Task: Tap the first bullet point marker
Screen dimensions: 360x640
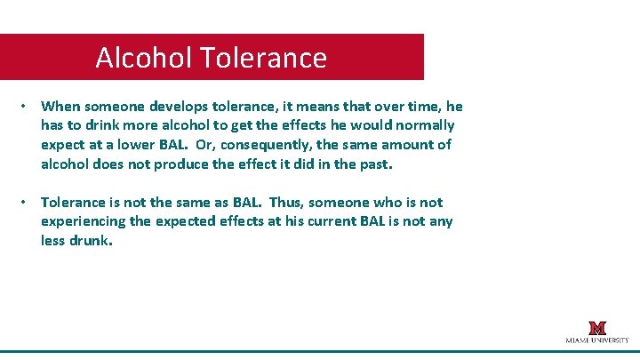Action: (27, 106)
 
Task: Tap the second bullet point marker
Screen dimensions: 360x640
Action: (27, 203)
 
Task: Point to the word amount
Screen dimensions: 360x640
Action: (408, 145)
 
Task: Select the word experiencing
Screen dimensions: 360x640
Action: (83, 221)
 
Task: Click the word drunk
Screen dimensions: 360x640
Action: (92, 241)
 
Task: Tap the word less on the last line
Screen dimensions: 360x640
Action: (53, 241)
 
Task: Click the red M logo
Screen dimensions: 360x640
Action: (597, 328)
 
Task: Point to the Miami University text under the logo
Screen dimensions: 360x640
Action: (597, 340)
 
